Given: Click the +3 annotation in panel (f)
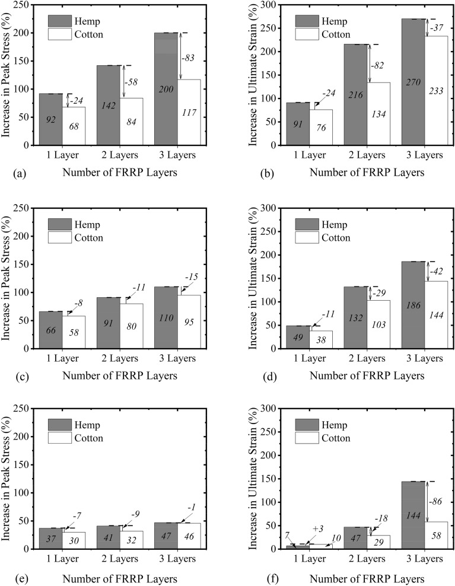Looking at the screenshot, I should click(317, 528).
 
